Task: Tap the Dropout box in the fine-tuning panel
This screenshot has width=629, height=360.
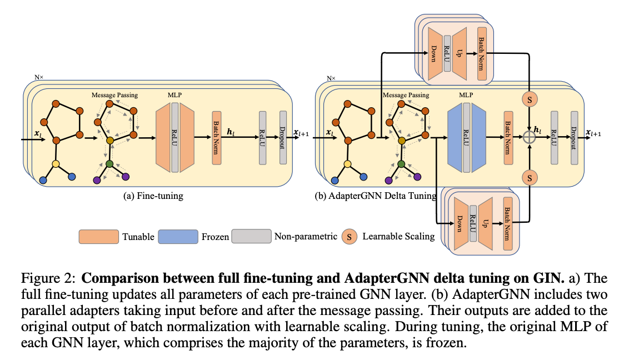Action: [x=283, y=137]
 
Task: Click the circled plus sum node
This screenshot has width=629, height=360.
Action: [x=529, y=136]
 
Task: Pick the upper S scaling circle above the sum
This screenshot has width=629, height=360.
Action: [x=529, y=99]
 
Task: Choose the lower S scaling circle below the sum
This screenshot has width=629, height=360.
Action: [x=529, y=178]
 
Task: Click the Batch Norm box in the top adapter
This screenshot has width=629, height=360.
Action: [x=482, y=51]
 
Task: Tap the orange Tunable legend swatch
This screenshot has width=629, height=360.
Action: [x=98, y=237]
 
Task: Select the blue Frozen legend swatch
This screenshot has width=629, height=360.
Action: [x=178, y=237]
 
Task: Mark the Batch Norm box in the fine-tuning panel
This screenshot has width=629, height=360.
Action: [x=217, y=137]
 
